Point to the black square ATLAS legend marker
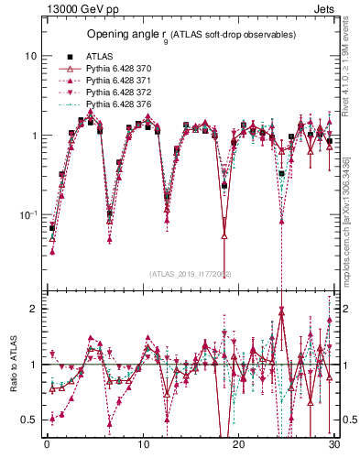click(70, 56)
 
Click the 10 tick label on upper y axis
click(30, 56)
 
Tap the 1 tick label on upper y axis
click(33, 136)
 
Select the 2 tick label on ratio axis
click(33, 309)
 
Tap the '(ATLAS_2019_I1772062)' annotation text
click(191, 274)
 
